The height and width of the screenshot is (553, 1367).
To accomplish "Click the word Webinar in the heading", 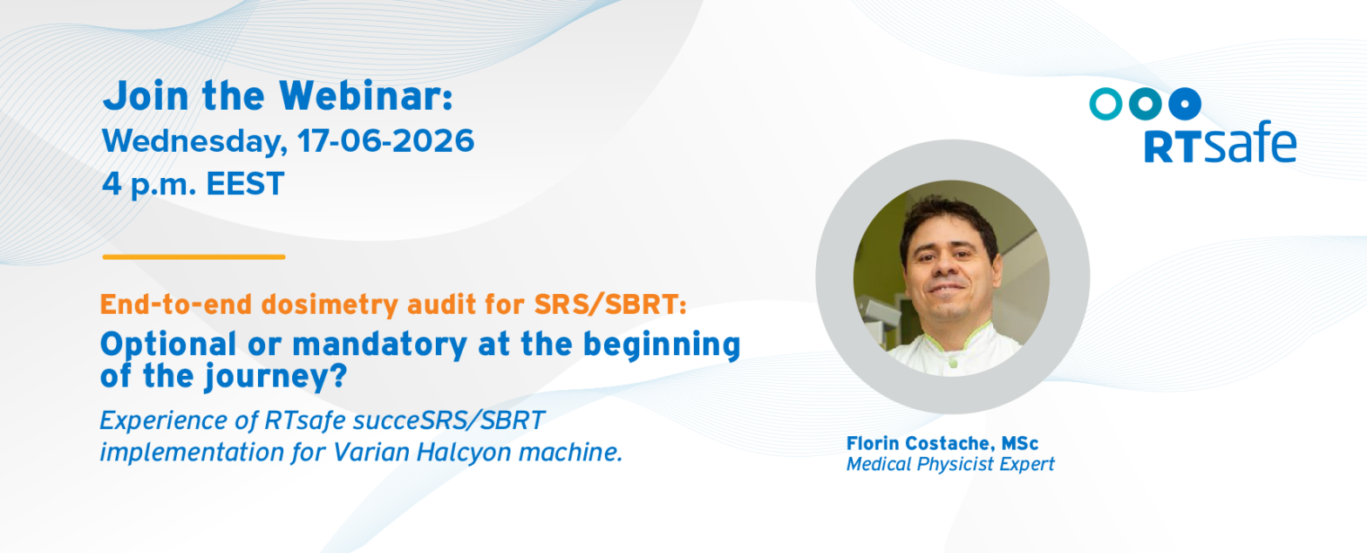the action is [x=366, y=96].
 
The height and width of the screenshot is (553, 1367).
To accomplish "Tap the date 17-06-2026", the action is [x=385, y=141].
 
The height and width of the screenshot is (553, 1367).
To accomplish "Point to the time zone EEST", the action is [x=245, y=184].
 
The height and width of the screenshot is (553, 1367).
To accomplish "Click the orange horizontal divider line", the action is [x=194, y=257].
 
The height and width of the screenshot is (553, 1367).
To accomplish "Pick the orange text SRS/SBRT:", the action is [x=610, y=304].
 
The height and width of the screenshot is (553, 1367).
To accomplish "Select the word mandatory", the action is [x=379, y=345].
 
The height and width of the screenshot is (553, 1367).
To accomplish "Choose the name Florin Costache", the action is [x=918, y=443].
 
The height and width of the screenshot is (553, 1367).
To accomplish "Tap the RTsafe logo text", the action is [x=1220, y=142].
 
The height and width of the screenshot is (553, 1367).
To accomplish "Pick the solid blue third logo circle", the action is [x=1185, y=104].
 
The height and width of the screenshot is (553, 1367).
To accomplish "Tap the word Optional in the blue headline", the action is [x=167, y=345].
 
